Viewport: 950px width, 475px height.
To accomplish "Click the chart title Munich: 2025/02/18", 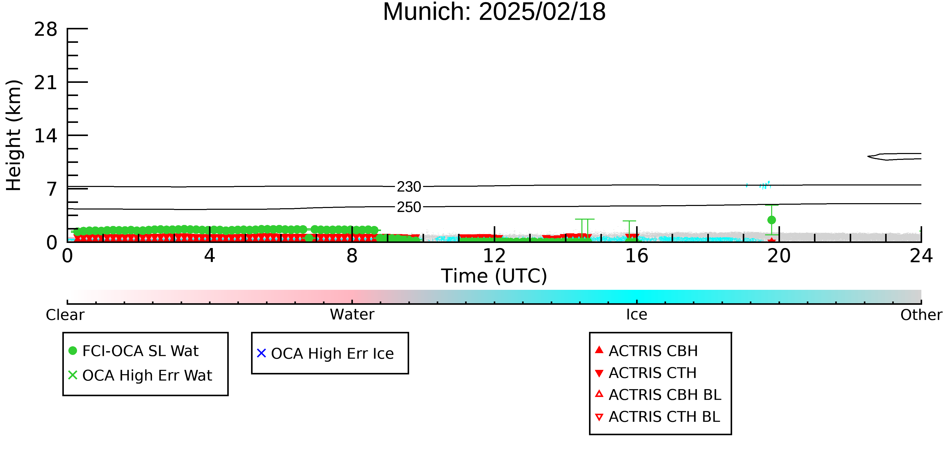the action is pyautogui.click(x=494, y=12).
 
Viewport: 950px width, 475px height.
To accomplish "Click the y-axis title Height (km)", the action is pyautogui.click(x=14, y=135).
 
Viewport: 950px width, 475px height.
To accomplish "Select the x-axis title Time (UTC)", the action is pyautogui.click(x=494, y=276).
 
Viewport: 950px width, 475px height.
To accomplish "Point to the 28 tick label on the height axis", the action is pyautogui.click(x=46, y=29).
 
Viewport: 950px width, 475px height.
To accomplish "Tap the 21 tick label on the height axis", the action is pyautogui.click(x=46, y=83).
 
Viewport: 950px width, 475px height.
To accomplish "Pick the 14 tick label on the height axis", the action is pyautogui.click(x=46, y=136).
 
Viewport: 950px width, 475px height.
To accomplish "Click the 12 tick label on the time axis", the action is pyautogui.click(x=494, y=256).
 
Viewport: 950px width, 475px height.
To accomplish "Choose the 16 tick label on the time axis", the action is pyautogui.click(x=637, y=256).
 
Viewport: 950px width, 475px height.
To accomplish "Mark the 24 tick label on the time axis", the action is pyautogui.click(x=921, y=256).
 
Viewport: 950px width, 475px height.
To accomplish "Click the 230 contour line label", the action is pyautogui.click(x=409, y=187).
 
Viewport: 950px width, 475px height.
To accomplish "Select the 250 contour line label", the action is pyautogui.click(x=409, y=207).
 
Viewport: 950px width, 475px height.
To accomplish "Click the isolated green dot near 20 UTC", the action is pyautogui.click(x=771, y=220).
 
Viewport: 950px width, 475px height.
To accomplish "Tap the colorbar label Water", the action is pyautogui.click(x=352, y=315).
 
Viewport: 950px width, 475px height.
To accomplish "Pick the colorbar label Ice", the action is pyautogui.click(x=637, y=315).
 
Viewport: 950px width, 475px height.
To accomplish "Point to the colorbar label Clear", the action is pyautogui.click(x=65, y=315).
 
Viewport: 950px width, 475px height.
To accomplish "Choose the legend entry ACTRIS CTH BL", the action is pyautogui.click(x=658, y=417).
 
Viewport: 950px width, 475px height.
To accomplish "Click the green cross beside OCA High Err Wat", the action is pyautogui.click(x=73, y=375).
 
